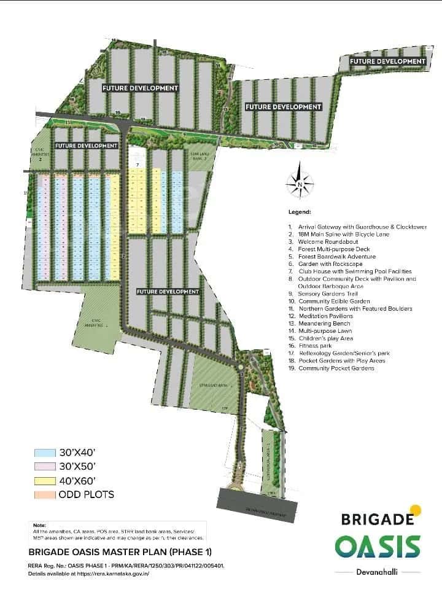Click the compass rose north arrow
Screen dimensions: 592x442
click(300, 182)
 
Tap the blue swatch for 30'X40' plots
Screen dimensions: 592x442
click(44, 452)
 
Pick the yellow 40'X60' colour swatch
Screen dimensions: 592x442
click(44, 480)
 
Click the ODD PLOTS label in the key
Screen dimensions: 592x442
click(86, 494)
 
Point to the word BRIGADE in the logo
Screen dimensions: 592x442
click(376, 520)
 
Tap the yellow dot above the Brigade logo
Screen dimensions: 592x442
click(416, 509)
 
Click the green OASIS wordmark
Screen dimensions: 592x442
click(378, 546)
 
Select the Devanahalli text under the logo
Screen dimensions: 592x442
click(378, 571)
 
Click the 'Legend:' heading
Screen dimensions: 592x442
click(300, 212)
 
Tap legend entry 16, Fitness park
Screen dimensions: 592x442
click(314, 346)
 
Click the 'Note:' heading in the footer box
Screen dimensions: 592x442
click(39, 525)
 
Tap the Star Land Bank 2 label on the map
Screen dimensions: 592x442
click(200, 157)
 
